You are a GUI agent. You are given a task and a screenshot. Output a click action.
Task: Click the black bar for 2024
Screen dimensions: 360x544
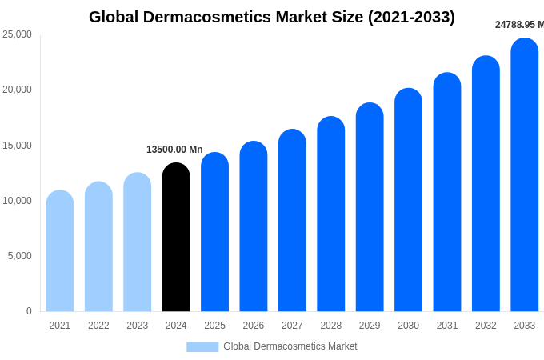pyautogui.click(x=176, y=237)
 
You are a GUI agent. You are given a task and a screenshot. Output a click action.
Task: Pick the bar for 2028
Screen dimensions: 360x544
pyautogui.click(x=331, y=214)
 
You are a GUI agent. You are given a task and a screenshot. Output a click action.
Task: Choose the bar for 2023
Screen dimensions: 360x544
pyautogui.click(x=138, y=242)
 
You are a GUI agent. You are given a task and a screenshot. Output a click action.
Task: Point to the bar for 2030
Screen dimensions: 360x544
pyautogui.click(x=408, y=199)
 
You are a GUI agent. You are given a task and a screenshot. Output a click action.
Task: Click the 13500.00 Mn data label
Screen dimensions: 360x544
pyautogui.click(x=174, y=150)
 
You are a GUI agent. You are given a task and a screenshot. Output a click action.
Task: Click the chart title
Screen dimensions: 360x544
pyautogui.click(x=272, y=17)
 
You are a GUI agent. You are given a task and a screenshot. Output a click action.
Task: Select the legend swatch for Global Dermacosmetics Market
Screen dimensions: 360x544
pyautogui.click(x=202, y=346)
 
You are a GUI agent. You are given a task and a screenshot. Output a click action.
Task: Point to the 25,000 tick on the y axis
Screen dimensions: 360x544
pyautogui.click(x=17, y=34)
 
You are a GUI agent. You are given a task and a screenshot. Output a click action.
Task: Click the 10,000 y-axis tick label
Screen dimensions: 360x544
pyautogui.click(x=17, y=201)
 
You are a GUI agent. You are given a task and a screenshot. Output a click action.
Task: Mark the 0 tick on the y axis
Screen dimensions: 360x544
pyautogui.click(x=29, y=311)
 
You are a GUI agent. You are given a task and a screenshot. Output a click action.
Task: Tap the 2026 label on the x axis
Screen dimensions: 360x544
pyautogui.click(x=254, y=326)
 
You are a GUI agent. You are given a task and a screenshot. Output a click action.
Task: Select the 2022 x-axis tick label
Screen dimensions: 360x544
pyautogui.click(x=98, y=326)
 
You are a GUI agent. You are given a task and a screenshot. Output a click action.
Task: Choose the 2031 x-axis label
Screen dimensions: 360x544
pyautogui.click(x=447, y=326)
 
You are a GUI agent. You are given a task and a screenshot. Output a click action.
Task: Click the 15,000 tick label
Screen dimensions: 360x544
pyautogui.click(x=17, y=146)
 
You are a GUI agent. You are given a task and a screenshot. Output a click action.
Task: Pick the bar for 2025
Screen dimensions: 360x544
pyautogui.click(x=214, y=232)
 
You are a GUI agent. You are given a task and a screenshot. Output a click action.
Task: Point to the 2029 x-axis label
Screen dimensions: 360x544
pyautogui.click(x=370, y=326)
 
